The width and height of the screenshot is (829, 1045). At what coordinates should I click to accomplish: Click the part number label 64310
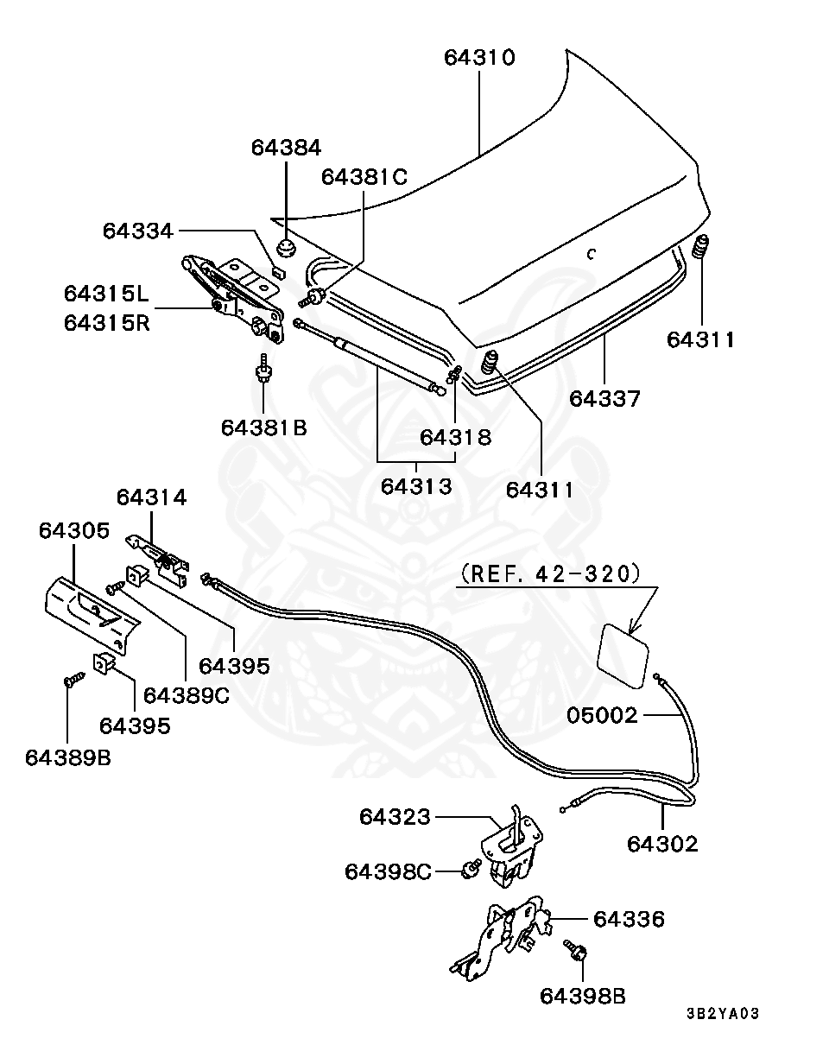[479, 58]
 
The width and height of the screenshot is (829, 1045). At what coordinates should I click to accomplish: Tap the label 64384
[286, 148]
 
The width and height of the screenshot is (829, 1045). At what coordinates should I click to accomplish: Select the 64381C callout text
[364, 177]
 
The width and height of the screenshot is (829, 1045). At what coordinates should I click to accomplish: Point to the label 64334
[138, 231]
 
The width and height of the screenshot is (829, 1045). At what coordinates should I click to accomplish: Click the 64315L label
[106, 294]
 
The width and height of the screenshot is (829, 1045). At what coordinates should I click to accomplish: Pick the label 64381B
[264, 427]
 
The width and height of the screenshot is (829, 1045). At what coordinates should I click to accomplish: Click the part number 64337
[604, 399]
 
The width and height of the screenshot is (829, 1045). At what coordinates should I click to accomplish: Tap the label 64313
[416, 486]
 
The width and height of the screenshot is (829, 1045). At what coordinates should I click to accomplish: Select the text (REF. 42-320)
[551, 574]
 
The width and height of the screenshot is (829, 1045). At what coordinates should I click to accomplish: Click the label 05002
[602, 715]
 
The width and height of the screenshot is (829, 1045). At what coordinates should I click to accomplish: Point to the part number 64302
[662, 844]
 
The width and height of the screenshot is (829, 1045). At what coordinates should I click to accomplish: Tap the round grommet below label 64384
[286, 248]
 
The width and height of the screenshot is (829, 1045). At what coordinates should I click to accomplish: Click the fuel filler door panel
[623, 655]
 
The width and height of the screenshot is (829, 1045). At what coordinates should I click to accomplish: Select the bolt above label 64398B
[575, 955]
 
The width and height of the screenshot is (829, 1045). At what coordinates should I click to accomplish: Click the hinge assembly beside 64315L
[233, 298]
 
